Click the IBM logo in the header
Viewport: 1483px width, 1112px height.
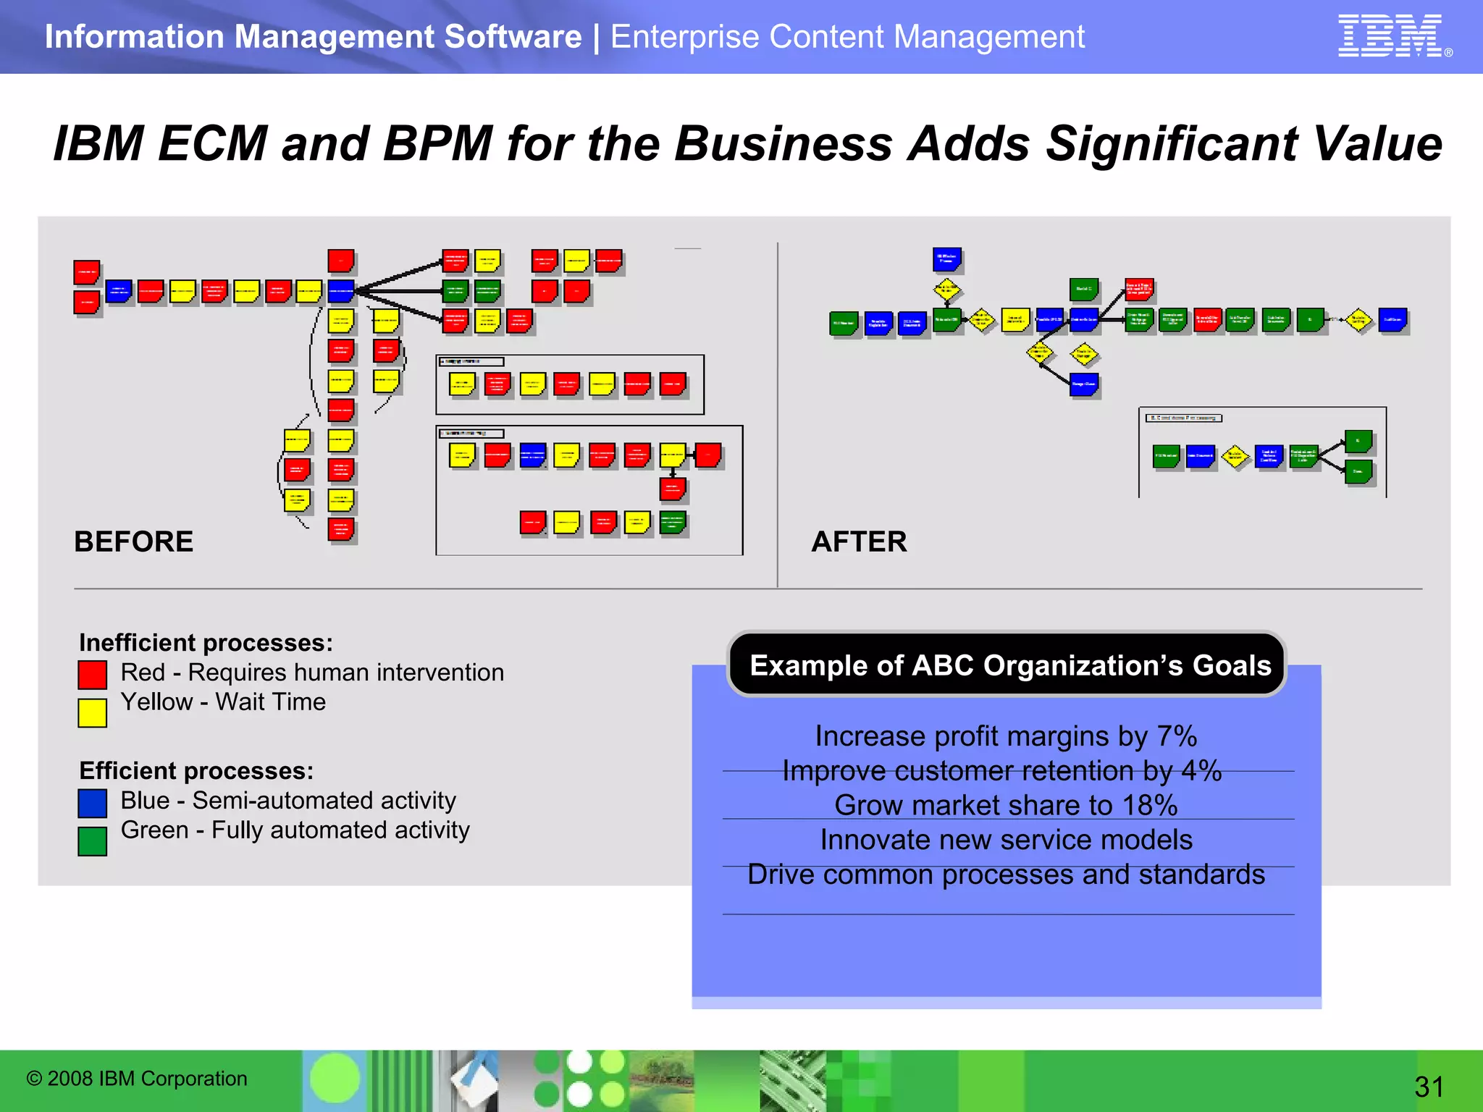point(1391,36)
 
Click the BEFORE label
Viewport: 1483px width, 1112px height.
point(133,542)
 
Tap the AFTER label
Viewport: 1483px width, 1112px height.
point(859,542)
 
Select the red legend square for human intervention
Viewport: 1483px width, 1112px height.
point(92,675)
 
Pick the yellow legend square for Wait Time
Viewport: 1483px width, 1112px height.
point(92,712)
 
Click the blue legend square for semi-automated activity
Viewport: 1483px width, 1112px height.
point(92,803)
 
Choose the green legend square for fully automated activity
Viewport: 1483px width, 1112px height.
point(92,841)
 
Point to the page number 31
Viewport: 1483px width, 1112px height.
point(1429,1087)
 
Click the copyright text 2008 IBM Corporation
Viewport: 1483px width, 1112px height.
point(137,1079)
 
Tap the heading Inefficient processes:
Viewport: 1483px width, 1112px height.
point(206,643)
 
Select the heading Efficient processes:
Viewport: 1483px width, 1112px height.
point(196,771)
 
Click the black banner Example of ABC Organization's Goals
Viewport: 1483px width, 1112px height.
point(1007,665)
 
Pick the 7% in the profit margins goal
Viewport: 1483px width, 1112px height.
point(1177,736)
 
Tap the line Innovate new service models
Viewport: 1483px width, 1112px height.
point(1007,840)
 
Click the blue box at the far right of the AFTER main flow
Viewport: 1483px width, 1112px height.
point(1392,319)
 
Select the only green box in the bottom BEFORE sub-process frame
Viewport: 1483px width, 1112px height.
point(673,522)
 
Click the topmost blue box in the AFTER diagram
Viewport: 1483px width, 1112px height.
point(946,258)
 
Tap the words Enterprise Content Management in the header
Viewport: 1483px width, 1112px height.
point(847,36)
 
